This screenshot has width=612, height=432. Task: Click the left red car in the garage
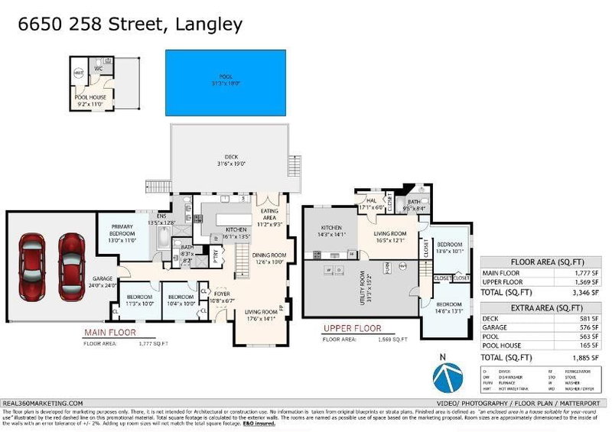point(33,258)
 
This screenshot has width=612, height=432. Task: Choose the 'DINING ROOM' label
point(269,258)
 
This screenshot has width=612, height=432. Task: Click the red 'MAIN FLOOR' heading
point(108,333)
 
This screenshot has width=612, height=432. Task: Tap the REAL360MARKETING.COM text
point(43,402)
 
